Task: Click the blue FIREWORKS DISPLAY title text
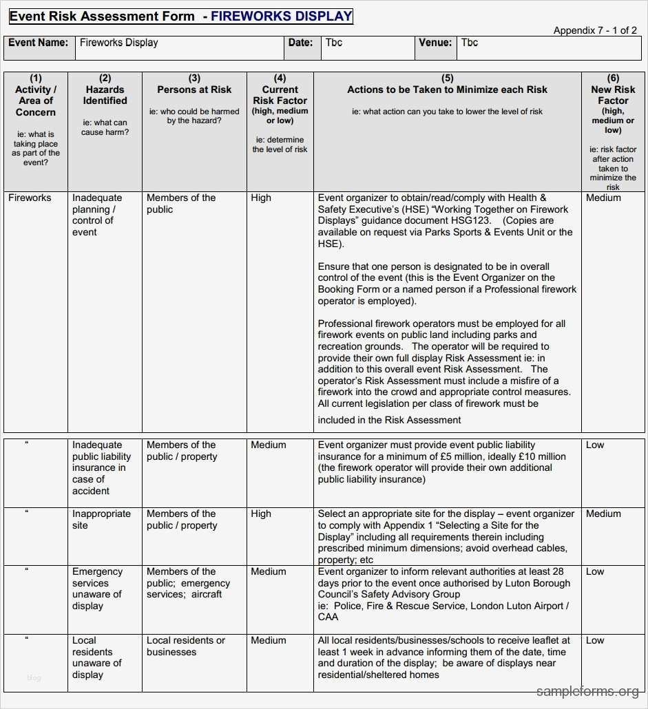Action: point(282,17)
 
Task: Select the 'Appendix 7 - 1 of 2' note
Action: point(595,30)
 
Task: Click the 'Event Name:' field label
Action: point(38,43)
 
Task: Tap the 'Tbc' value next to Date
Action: point(334,43)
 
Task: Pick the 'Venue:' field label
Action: point(435,43)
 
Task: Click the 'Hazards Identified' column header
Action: point(105,95)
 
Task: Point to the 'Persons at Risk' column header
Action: point(194,89)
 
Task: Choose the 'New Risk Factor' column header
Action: point(613,95)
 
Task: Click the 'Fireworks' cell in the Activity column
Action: point(30,198)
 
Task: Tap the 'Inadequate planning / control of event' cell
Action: point(96,215)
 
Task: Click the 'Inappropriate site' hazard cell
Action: point(101,520)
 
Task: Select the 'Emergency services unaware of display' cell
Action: point(97,589)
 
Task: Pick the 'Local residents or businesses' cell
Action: point(185,646)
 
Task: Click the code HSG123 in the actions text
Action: point(470,221)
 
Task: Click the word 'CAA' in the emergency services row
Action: point(328,617)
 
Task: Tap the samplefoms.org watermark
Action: point(587,691)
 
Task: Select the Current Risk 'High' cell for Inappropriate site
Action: point(261,514)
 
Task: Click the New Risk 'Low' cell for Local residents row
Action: point(595,640)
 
